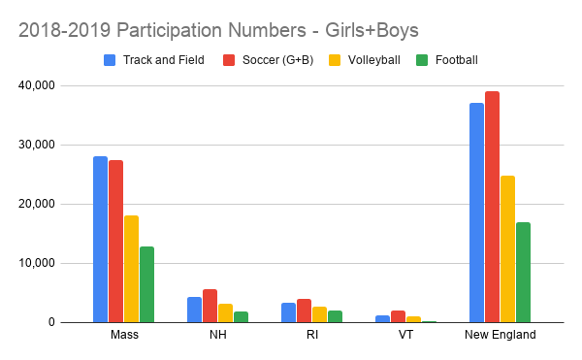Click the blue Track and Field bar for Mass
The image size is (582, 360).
(x=100, y=239)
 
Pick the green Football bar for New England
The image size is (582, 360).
(x=523, y=273)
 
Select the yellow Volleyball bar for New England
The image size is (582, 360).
(x=507, y=248)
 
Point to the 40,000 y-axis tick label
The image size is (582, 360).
(x=59, y=85)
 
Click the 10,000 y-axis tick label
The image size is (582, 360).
(x=59, y=263)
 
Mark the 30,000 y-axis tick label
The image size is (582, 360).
(x=59, y=145)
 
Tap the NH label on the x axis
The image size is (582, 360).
(x=217, y=335)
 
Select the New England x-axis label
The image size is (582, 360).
(x=500, y=335)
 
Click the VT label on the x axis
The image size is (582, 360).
(x=405, y=335)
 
